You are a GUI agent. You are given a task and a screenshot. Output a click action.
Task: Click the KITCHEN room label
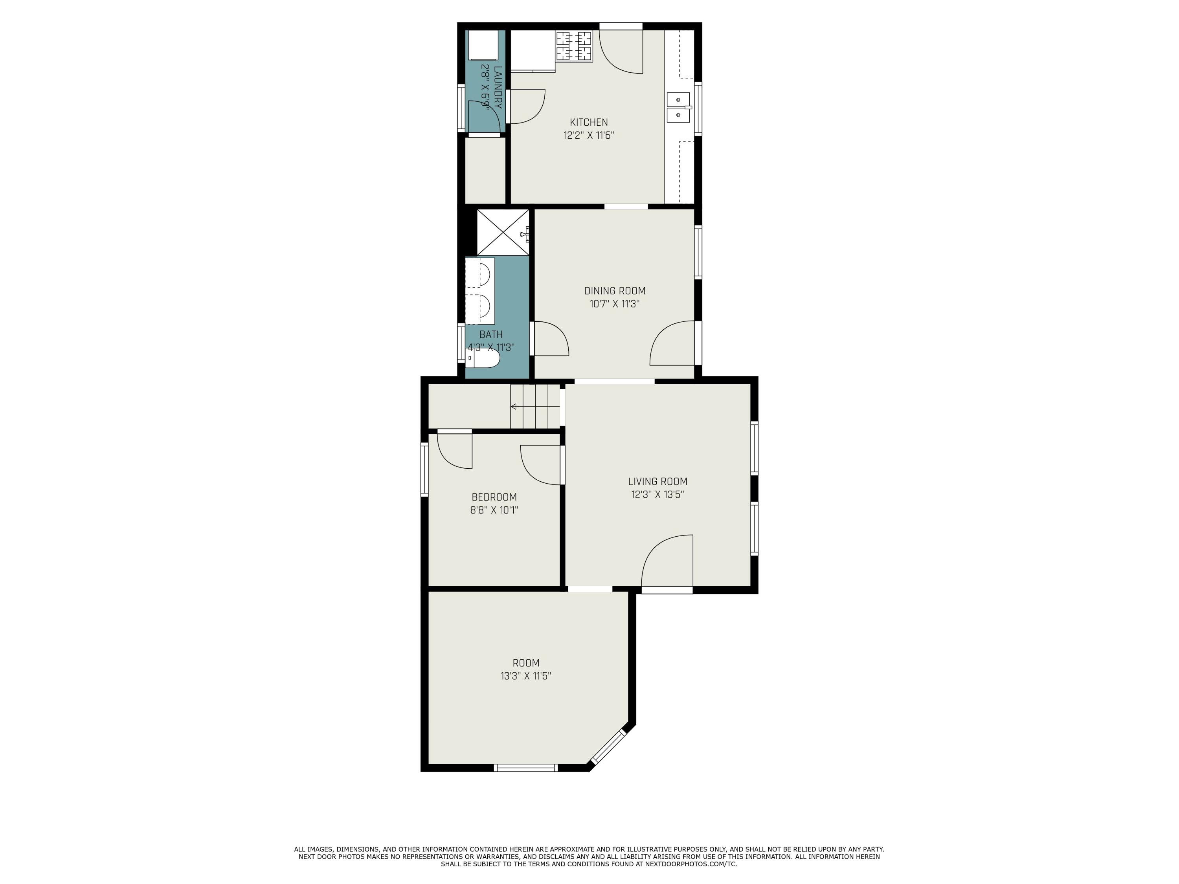589,122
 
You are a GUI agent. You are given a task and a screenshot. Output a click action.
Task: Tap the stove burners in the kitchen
574,46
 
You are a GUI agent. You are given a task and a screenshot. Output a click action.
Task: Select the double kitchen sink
678,107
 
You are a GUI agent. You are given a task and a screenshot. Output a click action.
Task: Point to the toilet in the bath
482,358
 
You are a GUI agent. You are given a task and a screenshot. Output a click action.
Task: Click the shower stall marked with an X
503,232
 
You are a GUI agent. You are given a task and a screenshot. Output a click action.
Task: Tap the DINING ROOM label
615,291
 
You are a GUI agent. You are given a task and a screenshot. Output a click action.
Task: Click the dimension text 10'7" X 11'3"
615,304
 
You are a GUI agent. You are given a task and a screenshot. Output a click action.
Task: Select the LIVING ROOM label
658,481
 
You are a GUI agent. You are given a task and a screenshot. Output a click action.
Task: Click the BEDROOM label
494,497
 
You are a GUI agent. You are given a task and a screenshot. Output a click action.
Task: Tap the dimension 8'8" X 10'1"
494,510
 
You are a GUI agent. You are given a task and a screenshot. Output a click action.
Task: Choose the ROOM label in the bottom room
526,663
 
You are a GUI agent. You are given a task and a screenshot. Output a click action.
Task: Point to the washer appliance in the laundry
483,45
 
